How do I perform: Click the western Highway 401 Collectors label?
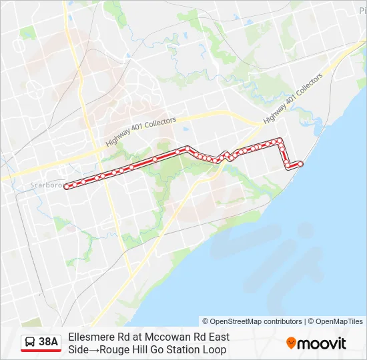[141, 132]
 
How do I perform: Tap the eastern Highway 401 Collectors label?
[293, 97]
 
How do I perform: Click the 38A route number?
[49, 342]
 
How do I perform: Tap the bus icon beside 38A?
[31, 343]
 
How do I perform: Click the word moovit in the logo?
[322, 343]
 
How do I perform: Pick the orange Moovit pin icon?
[292, 343]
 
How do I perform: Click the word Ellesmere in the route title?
[90, 337]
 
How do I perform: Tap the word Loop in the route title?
[214, 349]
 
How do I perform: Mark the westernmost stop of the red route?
[67, 187]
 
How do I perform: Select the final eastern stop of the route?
[300, 163]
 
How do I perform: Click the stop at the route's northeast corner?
[280, 140]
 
